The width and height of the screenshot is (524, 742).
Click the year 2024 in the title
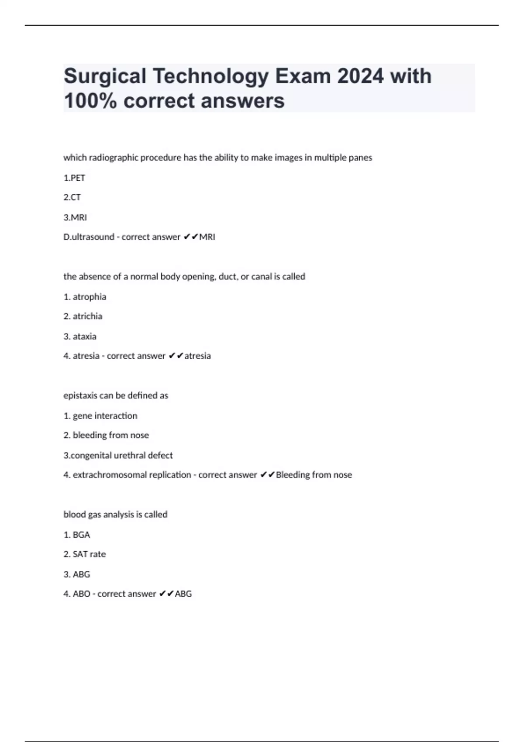[x=361, y=76]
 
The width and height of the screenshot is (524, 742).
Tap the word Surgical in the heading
[x=105, y=76]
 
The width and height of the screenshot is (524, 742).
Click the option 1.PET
[x=74, y=178]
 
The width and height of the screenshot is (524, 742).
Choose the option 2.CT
[x=72, y=197]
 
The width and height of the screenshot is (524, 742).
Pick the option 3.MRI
[x=75, y=217]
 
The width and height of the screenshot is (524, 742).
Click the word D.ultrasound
[x=89, y=237]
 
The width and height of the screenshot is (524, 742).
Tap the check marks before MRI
[x=190, y=237]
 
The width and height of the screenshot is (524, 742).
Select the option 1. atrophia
[x=85, y=297]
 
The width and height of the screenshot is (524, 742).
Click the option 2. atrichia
[x=83, y=316]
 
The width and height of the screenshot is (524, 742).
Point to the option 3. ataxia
[x=80, y=337]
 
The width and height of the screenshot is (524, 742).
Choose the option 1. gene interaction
[x=100, y=416]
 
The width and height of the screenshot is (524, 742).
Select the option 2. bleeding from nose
[x=106, y=435]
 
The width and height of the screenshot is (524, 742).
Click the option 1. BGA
[x=77, y=535]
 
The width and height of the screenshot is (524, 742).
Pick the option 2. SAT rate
[x=85, y=554]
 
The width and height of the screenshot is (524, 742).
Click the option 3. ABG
[x=77, y=574]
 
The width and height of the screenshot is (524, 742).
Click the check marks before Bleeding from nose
[x=267, y=475]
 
